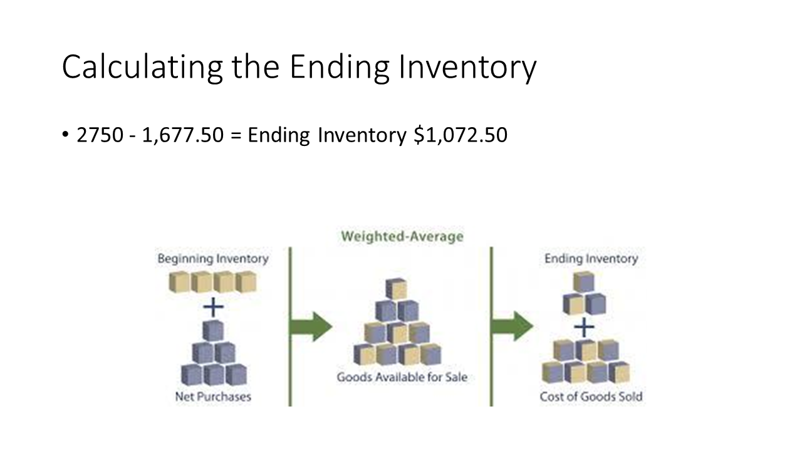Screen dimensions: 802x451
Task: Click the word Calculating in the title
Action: point(142,67)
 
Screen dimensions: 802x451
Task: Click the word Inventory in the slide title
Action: point(467,67)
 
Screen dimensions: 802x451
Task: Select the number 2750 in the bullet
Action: point(100,135)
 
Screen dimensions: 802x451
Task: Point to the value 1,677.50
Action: point(182,135)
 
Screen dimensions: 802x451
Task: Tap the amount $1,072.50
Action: point(461,135)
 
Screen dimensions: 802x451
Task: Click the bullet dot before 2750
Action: point(65,135)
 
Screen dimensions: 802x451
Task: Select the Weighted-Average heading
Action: point(402,237)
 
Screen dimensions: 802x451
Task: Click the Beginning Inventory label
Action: point(213,259)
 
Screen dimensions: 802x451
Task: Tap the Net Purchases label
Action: point(213,397)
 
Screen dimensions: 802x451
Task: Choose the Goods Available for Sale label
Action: point(402,377)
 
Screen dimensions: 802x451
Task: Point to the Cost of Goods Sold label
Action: point(591,397)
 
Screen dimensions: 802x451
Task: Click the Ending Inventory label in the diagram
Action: point(591,259)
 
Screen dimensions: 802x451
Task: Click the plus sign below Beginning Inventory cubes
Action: point(214,307)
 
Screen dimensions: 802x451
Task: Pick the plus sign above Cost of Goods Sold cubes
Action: point(584,327)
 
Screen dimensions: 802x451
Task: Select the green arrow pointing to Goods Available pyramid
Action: point(311,326)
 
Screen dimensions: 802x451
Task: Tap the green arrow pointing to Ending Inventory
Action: point(513,326)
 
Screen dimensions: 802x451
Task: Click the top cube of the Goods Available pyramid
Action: point(396,289)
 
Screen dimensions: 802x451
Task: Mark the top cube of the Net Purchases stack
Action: point(213,330)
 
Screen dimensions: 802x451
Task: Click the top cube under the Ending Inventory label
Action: point(583,282)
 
